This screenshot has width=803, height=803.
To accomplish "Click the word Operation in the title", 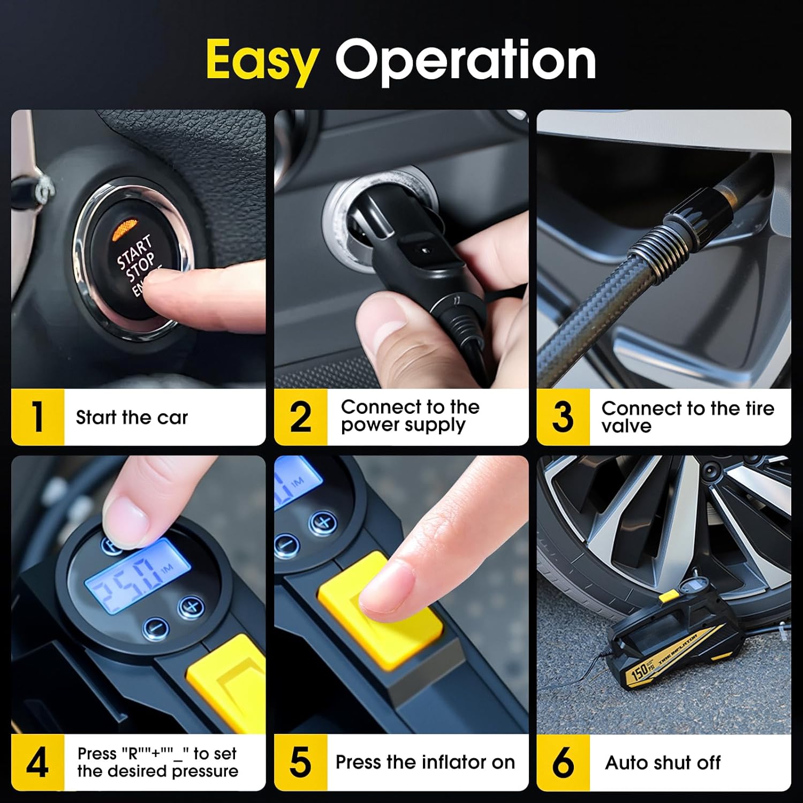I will tap(465, 60).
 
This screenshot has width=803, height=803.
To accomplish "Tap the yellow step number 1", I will tap(37, 417).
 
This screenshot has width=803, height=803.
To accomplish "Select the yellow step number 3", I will tap(563, 417).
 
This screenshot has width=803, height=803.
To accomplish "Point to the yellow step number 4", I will tap(37, 762).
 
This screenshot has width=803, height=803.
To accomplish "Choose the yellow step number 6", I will tap(563, 762).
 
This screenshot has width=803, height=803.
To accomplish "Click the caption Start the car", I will tap(132, 418).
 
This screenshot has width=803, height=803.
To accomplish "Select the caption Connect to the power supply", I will tap(410, 416).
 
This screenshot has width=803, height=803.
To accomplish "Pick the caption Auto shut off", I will tap(663, 762).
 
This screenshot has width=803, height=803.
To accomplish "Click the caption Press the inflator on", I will tap(425, 762).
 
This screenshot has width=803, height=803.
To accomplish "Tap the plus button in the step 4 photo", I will tap(191, 607).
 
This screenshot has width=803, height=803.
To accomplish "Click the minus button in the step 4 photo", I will tap(156, 627).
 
